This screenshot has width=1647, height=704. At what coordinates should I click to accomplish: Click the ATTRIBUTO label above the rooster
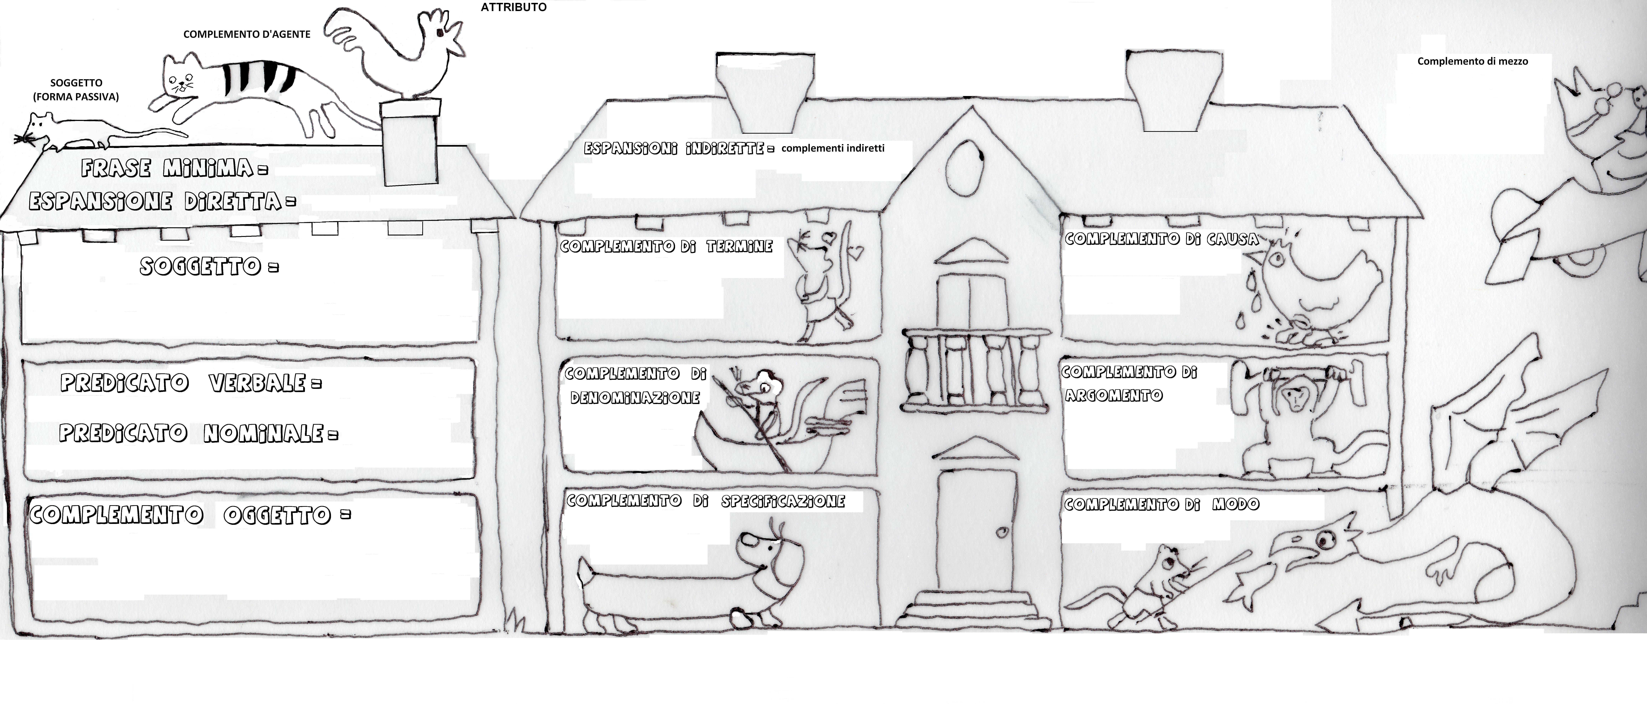513,8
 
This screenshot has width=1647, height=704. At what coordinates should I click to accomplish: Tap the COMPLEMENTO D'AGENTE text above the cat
247,35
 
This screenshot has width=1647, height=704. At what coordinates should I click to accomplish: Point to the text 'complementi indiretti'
833,148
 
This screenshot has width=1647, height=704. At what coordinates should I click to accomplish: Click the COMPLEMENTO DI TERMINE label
666,246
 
